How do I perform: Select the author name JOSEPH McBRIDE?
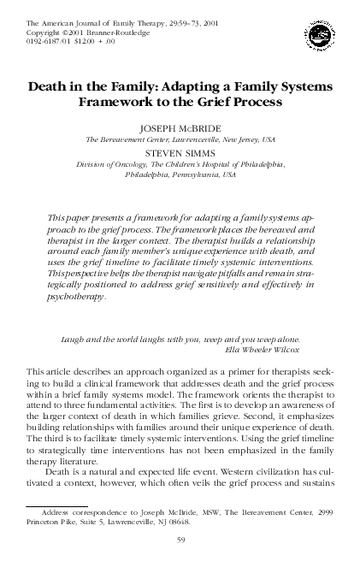[x=180, y=125]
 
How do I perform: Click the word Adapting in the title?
[x=183, y=87]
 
